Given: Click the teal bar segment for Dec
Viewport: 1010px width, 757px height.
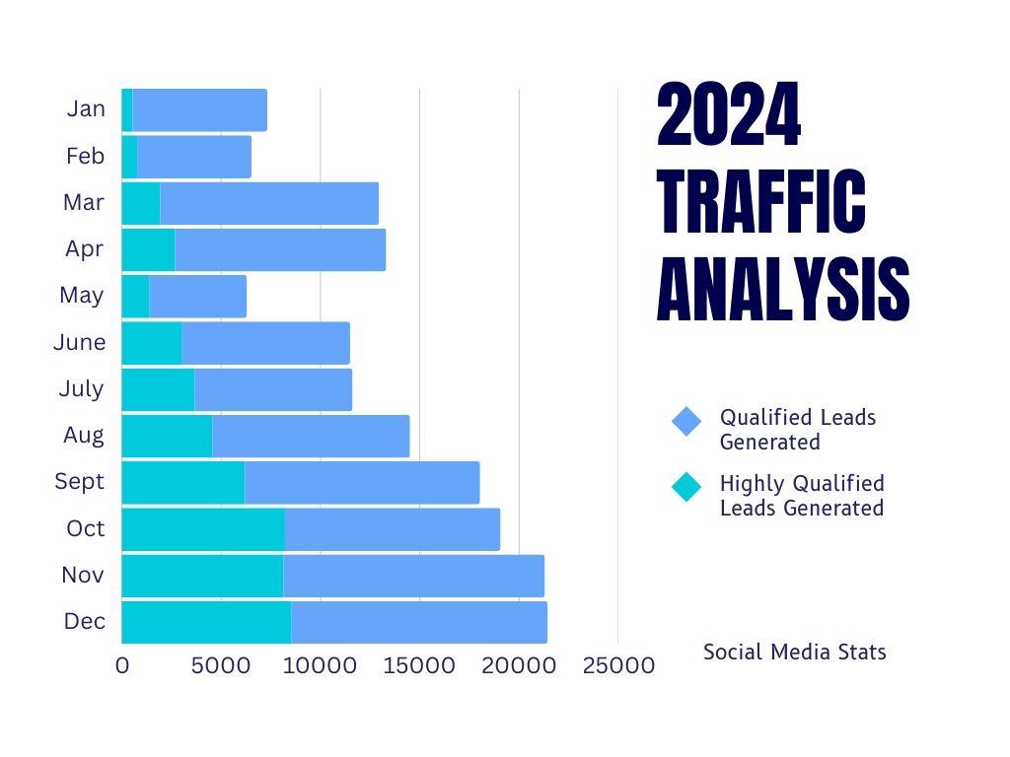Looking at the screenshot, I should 206,622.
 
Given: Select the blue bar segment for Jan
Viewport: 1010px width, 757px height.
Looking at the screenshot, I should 199,109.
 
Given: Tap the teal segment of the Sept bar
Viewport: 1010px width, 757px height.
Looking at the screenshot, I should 182,482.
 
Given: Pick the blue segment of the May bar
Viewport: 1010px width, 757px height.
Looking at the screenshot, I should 197,296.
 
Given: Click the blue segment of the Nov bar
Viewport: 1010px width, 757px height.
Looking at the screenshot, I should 413,576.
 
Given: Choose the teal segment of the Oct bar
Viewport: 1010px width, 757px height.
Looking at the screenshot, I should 203,529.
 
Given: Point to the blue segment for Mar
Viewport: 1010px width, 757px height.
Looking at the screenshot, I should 269,203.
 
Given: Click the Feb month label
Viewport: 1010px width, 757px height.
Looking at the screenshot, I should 85,156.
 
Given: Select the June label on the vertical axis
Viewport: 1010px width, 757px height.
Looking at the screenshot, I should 79,343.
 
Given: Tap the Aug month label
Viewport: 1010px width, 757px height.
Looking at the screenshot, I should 84,435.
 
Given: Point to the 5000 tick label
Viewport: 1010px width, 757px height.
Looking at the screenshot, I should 220,666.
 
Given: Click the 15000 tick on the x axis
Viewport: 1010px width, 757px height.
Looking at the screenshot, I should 419,666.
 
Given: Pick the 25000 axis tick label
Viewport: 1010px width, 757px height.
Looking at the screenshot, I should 617,666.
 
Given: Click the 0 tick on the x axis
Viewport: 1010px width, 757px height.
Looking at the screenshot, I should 122,666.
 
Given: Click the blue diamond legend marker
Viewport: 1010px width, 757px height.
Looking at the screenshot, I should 685,421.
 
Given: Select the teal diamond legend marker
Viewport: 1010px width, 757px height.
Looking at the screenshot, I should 685,487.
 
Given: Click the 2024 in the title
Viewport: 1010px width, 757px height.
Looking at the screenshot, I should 729,117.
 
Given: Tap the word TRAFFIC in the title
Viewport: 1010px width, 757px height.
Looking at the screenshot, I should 761,203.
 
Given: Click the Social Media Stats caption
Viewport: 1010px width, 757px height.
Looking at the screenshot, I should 794,652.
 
